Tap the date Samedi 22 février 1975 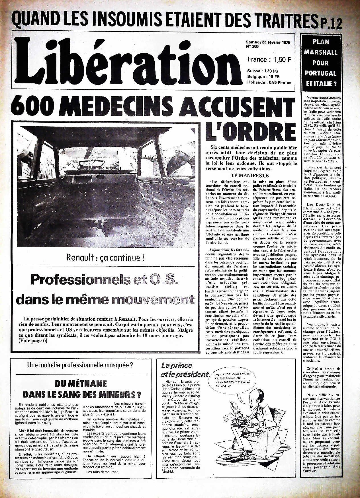point(268,42)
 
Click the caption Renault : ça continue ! point(105,258)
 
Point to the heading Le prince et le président point(184,370)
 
